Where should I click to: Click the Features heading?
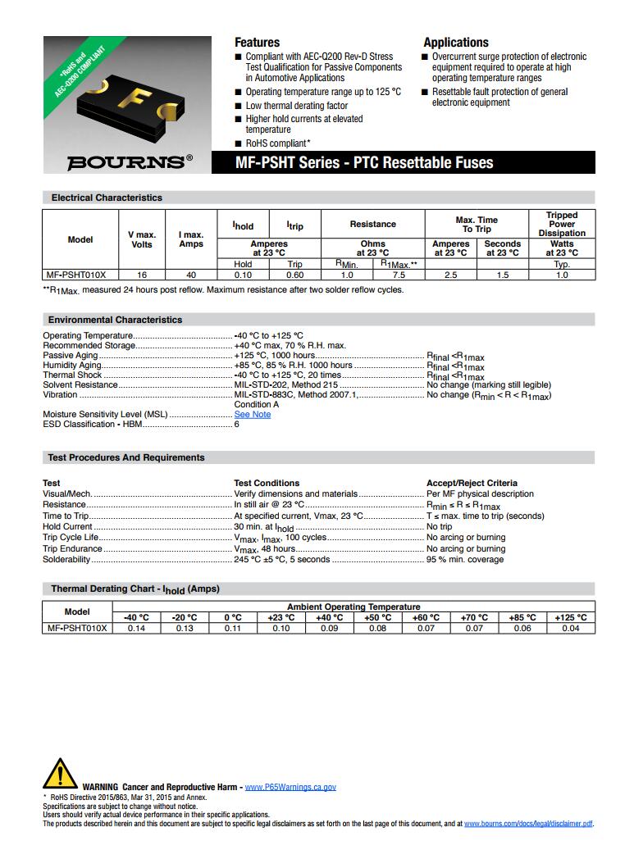point(257,43)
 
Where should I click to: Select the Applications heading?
point(456,43)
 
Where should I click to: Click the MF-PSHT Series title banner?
point(364,162)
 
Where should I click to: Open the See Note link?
point(252,415)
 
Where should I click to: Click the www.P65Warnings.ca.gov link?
point(290,787)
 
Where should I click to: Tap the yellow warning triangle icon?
point(59,775)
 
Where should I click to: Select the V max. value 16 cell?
point(142,275)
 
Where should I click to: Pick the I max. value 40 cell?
point(191,275)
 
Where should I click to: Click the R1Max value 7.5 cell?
point(399,275)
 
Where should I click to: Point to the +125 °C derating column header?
point(571,618)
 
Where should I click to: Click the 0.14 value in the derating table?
point(135,629)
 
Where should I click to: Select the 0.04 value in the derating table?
point(571,629)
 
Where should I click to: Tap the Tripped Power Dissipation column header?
point(562,224)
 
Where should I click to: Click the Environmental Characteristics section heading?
point(115,320)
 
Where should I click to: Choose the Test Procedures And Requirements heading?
point(127,457)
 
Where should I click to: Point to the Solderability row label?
point(66,560)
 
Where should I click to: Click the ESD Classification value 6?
point(237,425)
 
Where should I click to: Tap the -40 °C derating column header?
point(135,618)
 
